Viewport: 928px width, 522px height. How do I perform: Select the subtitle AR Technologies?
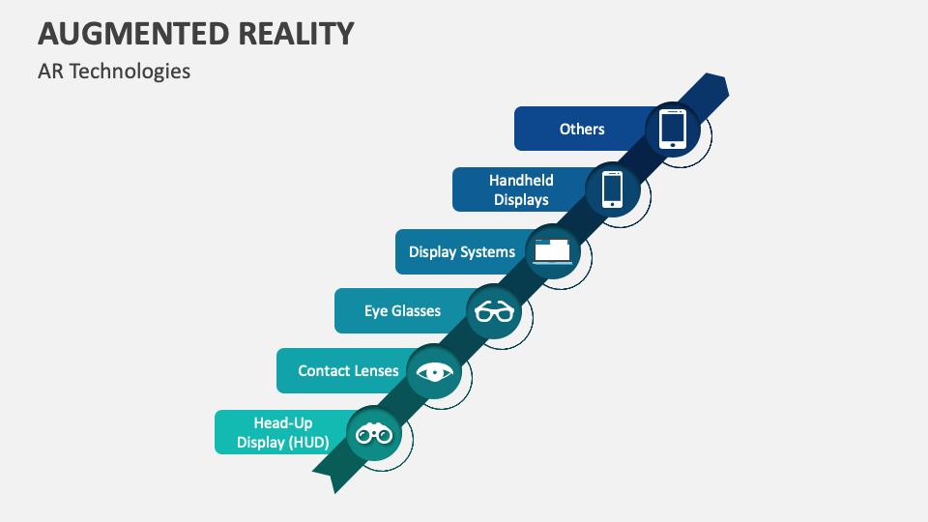(114, 72)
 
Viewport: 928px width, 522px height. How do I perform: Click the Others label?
(582, 129)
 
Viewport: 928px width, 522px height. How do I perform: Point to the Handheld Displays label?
(521, 189)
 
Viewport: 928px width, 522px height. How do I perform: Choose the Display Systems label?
(462, 251)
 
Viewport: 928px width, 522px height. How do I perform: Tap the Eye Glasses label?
(402, 310)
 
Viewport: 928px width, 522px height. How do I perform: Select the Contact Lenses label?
(348, 370)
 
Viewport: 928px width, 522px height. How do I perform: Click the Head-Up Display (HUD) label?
(283, 432)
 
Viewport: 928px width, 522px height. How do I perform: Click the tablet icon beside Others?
(672, 129)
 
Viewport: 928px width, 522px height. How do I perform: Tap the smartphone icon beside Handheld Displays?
(612, 188)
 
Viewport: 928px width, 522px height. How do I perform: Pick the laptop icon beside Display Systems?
(553, 250)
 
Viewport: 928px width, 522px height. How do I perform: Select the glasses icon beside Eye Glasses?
(494, 311)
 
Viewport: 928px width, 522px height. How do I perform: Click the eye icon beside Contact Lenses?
(434, 372)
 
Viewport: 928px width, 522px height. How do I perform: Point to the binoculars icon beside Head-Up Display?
(373, 434)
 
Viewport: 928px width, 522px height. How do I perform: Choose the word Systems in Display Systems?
(488, 251)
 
